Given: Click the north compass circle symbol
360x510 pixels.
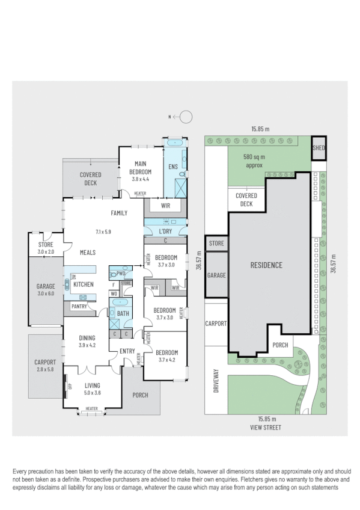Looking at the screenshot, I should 187,117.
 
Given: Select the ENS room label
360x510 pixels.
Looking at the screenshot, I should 173,167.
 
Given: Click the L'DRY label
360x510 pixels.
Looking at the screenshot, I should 165,232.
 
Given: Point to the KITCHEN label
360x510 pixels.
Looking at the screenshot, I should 84,284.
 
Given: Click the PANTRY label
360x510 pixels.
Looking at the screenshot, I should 79,307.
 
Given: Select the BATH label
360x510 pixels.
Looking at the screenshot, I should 123,313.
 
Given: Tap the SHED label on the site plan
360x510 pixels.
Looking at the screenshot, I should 319,148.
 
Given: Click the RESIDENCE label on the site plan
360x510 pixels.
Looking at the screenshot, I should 266,265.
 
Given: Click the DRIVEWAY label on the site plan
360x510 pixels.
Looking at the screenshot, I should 215,382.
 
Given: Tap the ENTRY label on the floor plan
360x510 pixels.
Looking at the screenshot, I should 127,351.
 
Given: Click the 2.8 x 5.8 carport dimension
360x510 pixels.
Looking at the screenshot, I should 45,370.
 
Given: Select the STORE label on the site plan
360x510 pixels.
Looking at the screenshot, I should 216,244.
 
